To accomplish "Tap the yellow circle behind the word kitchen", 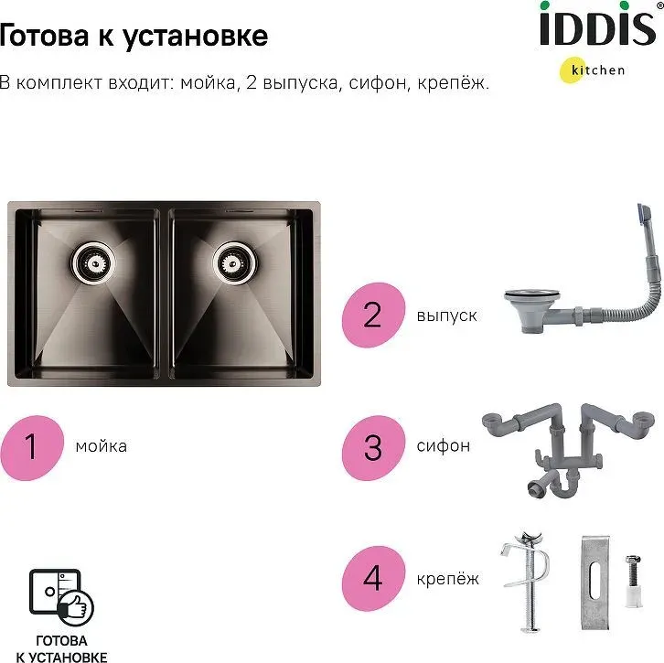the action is pos(573,70).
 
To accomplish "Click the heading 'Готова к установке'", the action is pos(133,36).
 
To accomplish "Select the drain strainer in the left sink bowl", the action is pos(93,263).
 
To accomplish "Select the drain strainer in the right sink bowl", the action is pos(234,263).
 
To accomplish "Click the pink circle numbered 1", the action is pos(32,447).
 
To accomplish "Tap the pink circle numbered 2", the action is pos(373,315).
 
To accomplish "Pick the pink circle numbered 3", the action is pos(373,447).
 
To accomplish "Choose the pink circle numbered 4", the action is pos(373,578).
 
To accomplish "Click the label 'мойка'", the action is pos(102,446).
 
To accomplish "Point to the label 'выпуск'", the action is pos(446,315).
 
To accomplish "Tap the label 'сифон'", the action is pos(444,445).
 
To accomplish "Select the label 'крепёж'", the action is pos(447,578).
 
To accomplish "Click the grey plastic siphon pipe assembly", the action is pos(568,452).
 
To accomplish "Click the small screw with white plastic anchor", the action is pos(633,581).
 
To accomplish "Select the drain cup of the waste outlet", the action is pos(532,309).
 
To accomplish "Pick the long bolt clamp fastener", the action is pos(527,583).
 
